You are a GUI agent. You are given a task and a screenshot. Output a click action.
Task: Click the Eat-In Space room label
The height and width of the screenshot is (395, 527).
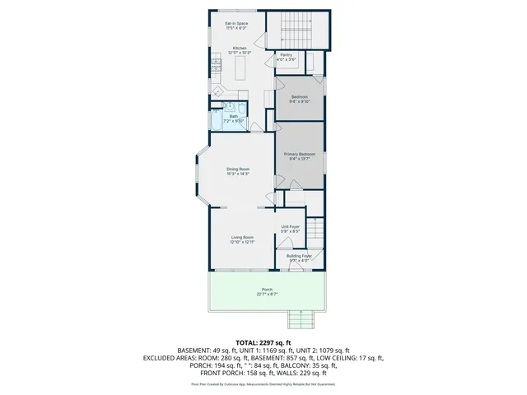(237, 24)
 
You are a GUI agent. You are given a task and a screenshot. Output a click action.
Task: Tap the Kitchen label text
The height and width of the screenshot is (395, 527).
(240, 49)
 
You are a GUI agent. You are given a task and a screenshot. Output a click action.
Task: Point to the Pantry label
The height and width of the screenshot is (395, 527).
(286, 54)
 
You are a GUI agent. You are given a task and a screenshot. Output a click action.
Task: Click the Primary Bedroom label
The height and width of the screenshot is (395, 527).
(299, 154)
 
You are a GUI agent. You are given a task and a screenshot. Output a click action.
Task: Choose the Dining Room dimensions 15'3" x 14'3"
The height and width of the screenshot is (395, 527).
(238, 174)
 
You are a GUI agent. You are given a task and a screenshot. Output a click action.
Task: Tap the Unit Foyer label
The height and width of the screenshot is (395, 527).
(290, 226)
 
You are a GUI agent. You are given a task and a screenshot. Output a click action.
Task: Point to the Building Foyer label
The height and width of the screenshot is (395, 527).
(299, 256)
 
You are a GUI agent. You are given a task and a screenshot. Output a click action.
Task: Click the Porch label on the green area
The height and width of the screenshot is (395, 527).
(267, 290)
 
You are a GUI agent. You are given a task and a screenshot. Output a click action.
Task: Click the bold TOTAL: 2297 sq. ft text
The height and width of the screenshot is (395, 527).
(263, 342)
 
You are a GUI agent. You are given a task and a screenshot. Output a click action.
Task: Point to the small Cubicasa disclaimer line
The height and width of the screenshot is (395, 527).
(263, 383)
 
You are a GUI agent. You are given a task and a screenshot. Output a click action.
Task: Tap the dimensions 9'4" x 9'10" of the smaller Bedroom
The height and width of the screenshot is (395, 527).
(299, 102)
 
